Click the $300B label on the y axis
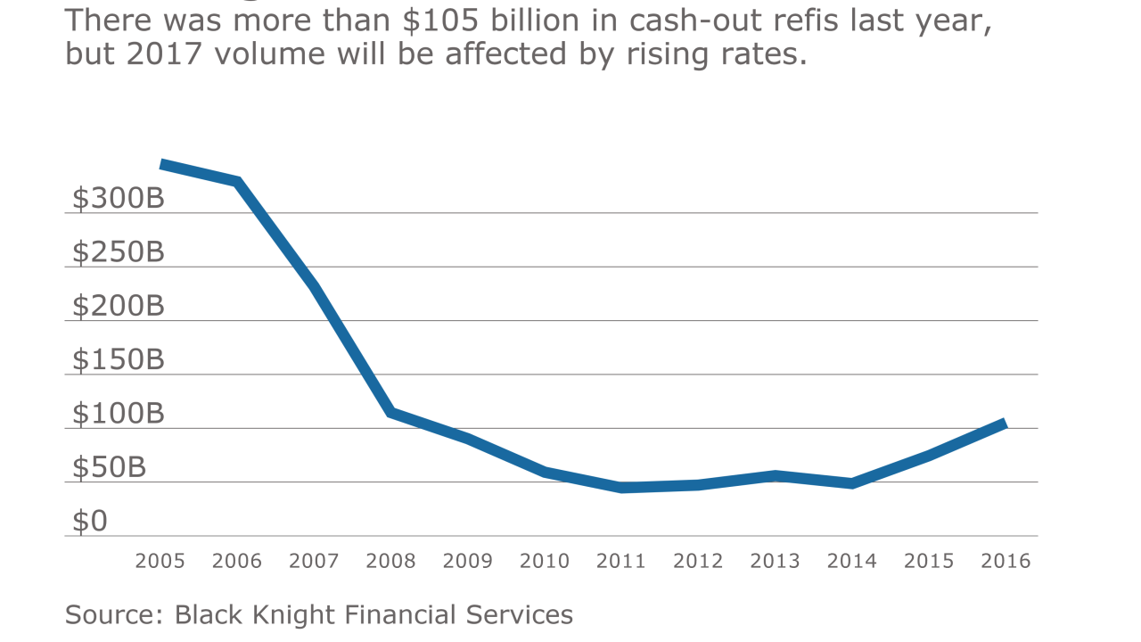119,199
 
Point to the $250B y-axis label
119,252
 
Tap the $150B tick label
119,360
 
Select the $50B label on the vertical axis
109,468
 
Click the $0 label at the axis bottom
89,522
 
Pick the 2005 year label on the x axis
160,561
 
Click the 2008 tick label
390,561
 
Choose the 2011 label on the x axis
621,561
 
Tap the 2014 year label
852,561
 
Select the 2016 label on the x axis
1006,561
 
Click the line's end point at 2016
1005,424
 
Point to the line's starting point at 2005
161,164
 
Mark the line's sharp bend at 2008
391,412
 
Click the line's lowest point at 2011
621,488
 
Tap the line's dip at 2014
852,483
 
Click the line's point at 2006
238,182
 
